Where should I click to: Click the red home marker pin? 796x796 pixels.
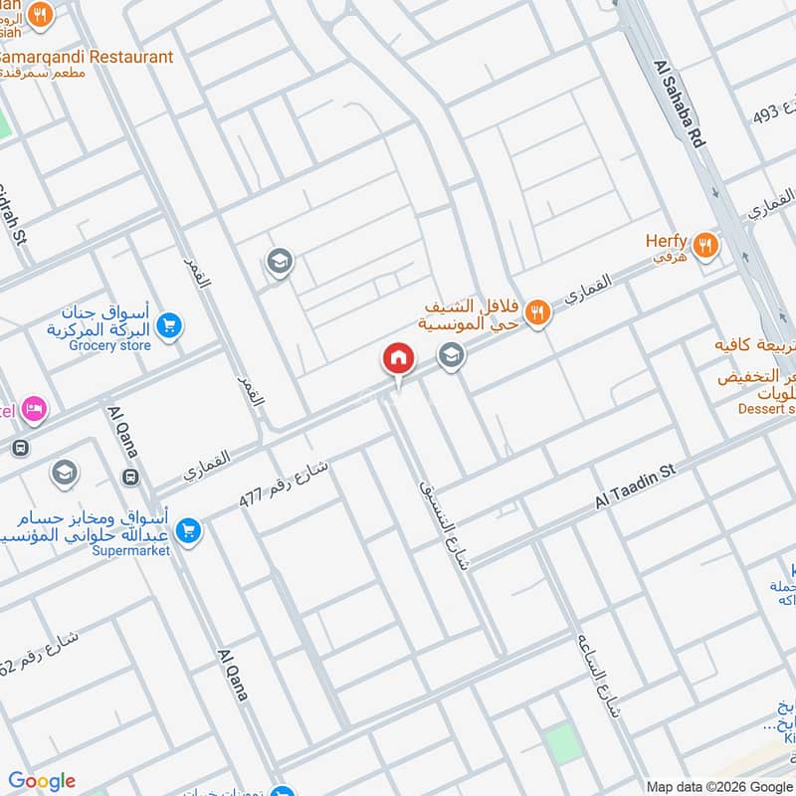398,358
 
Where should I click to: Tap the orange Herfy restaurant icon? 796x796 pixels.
706,244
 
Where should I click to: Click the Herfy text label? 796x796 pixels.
667,240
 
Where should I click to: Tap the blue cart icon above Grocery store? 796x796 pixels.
169,324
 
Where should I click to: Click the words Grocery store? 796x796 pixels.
110,345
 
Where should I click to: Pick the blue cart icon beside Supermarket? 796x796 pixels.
189,532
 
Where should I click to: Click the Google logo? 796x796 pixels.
42,781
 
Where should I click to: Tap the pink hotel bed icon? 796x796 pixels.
35,408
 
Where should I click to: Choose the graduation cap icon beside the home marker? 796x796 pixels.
452,354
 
